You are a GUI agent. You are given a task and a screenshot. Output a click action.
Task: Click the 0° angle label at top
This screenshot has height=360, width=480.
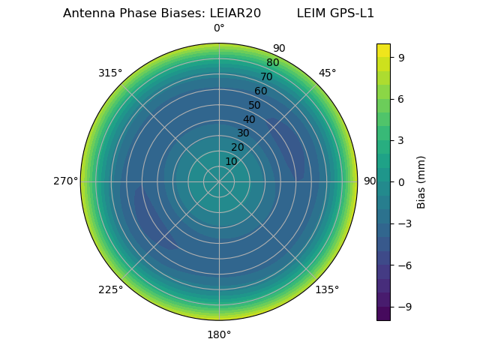(219, 28)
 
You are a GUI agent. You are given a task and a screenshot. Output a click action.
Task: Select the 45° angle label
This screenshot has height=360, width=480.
(327, 73)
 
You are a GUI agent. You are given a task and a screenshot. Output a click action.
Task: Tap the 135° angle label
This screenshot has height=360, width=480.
(327, 289)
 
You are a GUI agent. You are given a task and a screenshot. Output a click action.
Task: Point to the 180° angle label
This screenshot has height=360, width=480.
(219, 334)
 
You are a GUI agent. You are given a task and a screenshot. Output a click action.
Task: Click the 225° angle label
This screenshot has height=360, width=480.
(110, 289)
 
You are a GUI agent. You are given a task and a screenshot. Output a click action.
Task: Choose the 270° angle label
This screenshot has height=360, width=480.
(65, 181)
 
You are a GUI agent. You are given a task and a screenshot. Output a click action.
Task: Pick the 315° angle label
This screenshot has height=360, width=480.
(110, 73)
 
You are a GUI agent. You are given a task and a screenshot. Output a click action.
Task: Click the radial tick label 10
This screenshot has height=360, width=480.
(231, 161)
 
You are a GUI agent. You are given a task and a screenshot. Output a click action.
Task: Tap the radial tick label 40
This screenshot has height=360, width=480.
(249, 119)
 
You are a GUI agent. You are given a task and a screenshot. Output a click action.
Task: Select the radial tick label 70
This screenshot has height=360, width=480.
(267, 76)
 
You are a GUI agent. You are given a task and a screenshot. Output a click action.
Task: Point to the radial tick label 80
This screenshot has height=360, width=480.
(273, 63)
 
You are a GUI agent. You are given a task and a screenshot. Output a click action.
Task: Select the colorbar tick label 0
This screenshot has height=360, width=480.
(401, 181)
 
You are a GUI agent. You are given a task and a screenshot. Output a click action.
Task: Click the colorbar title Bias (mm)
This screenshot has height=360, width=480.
(421, 181)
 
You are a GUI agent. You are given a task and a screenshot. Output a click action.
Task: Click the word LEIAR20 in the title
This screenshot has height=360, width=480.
(235, 13)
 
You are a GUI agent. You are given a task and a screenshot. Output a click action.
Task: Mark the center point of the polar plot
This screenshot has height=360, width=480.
(219, 181)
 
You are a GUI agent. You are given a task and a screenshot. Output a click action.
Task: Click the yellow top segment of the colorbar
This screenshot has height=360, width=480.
(383, 49)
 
